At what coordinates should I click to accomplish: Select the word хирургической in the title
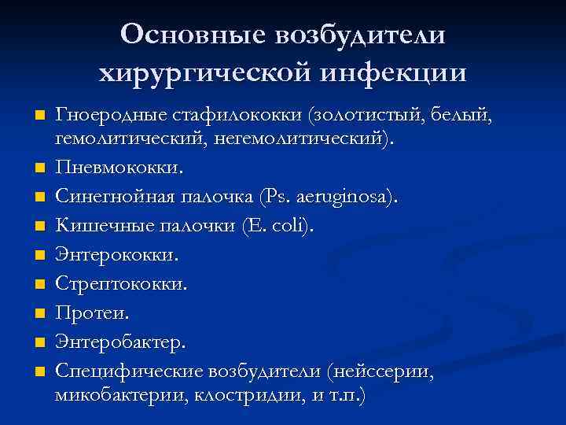point(200,73)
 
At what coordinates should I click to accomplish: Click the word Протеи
point(91,312)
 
